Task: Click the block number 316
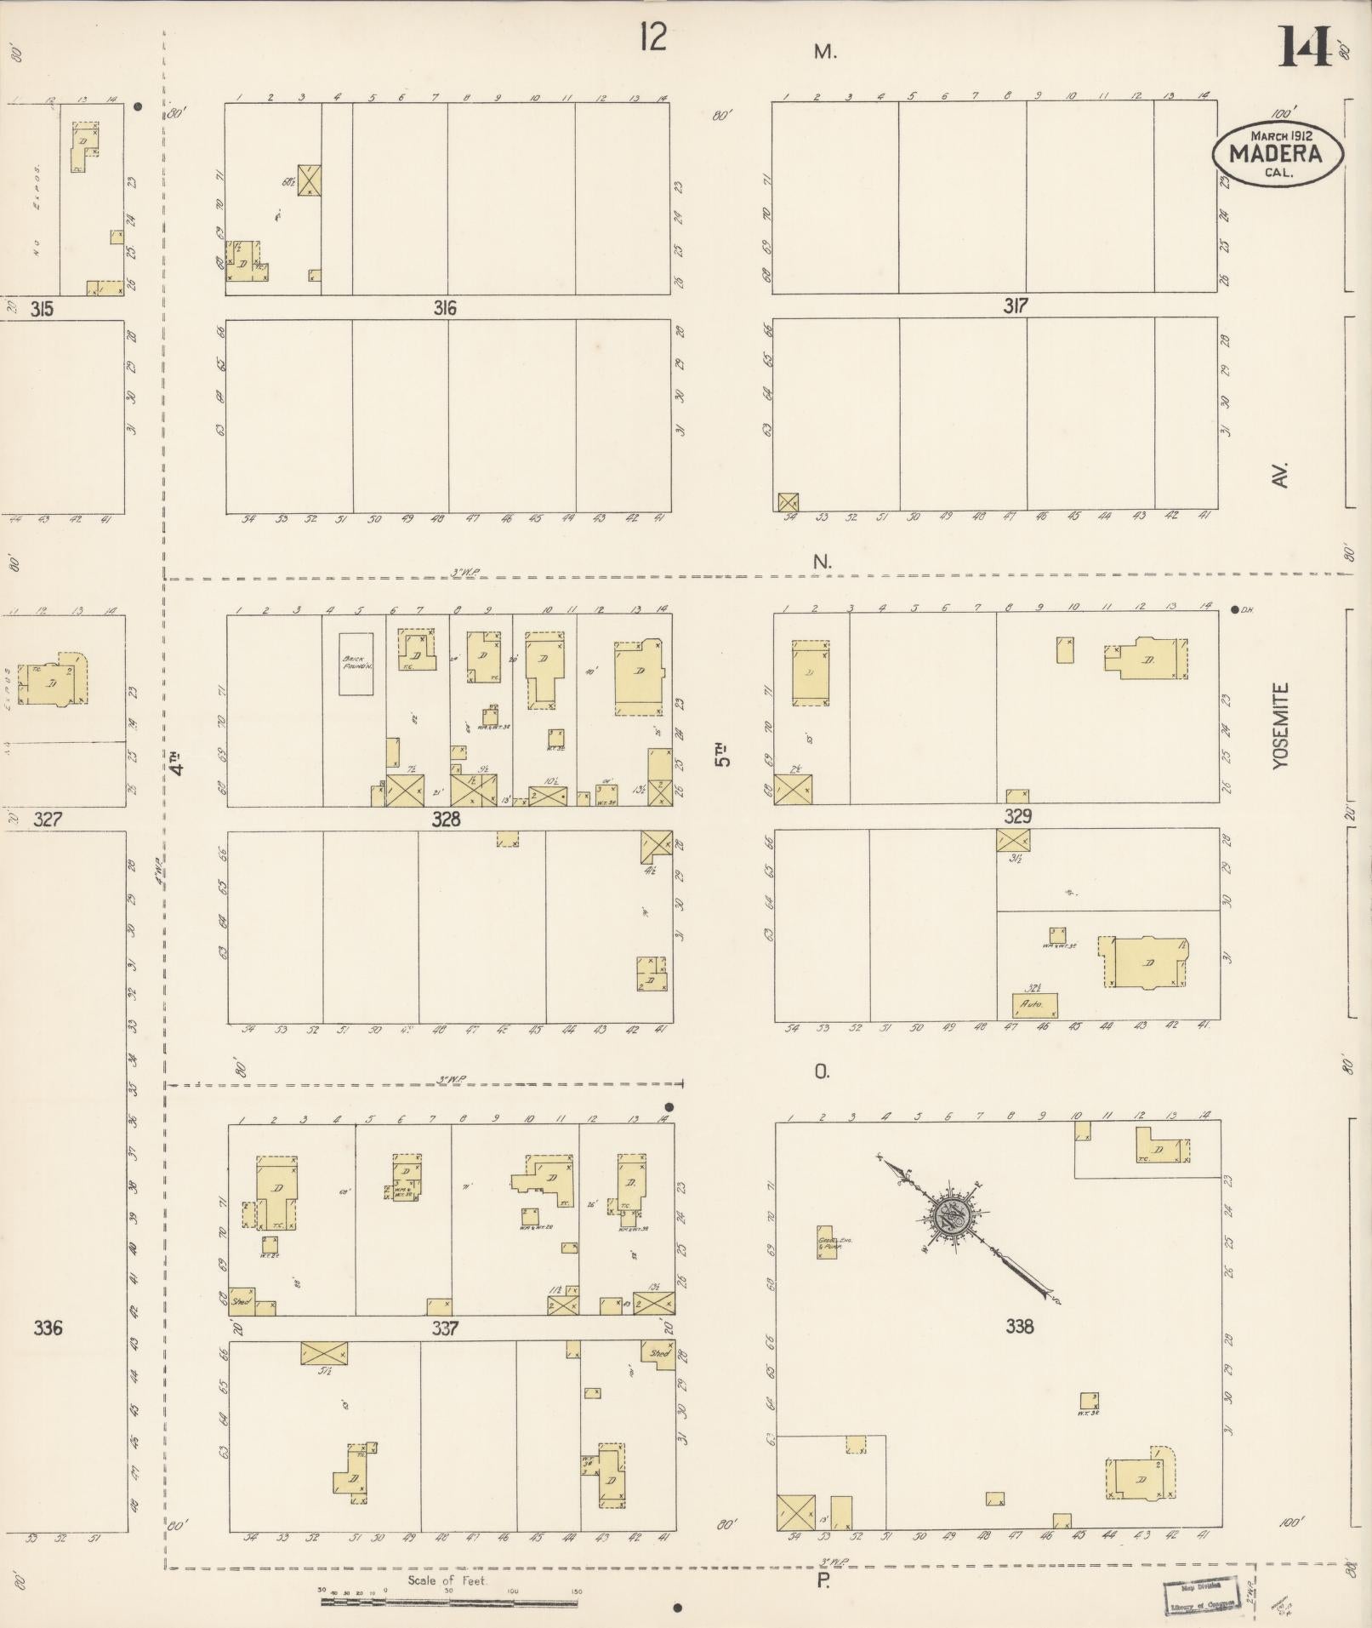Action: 445,308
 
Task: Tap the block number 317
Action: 1016,306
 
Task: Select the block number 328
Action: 446,819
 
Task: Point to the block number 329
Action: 1017,816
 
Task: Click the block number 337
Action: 445,1328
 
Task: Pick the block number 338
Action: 1019,1326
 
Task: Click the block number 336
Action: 48,1328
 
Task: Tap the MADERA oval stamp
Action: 1278,154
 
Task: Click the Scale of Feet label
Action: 447,1580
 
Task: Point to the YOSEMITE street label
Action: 1281,726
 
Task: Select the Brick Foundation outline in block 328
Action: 356,664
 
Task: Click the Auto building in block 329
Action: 1034,1005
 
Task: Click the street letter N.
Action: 822,562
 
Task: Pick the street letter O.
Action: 821,1072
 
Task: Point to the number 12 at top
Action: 653,38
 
